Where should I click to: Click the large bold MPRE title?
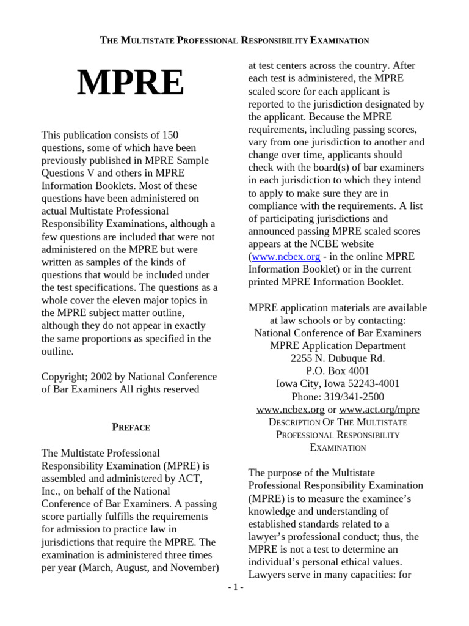click(130, 83)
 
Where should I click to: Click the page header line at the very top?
click(234, 41)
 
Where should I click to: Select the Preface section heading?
click(131, 427)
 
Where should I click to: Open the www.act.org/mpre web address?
click(379, 409)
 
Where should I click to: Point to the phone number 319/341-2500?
click(338, 396)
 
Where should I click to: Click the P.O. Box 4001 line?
click(338, 370)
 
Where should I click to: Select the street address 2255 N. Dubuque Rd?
click(338, 358)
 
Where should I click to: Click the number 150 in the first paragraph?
click(169, 134)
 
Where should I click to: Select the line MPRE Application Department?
click(338, 345)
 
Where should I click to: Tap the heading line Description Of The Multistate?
click(338, 422)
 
